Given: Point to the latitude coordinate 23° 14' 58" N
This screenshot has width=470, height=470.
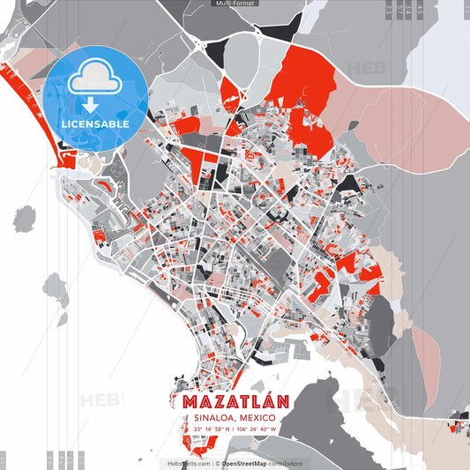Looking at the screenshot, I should tap(208, 429).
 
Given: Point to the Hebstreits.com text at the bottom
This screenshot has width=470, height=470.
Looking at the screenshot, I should tap(187, 463).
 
